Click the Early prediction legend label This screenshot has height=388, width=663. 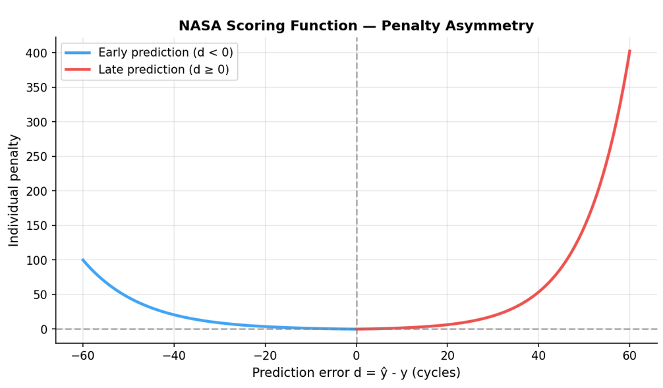click(165, 53)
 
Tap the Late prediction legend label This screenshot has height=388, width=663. click(163, 70)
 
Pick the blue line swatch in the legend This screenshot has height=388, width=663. click(78, 53)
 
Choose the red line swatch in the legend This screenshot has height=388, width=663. click(78, 70)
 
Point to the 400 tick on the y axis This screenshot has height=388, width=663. click(38, 53)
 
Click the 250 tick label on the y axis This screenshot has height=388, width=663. click(38, 157)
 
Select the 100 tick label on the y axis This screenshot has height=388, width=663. click(38, 260)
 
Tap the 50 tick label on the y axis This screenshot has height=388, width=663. click(41, 294)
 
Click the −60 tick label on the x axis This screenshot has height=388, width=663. click(83, 356)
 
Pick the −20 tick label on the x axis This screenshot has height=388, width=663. click(265, 356)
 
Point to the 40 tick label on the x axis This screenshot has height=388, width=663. click(538, 356)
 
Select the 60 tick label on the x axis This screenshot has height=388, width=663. click(629, 356)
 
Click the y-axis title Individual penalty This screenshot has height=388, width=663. click(14, 190)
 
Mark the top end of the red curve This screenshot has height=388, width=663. click(629, 51)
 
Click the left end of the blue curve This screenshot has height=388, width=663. click(83, 260)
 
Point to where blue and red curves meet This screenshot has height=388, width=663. click(357, 329)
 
